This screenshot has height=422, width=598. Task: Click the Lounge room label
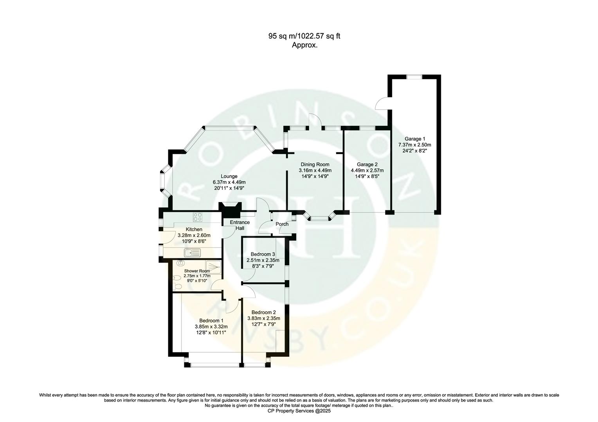click(229, 176)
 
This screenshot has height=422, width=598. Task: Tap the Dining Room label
click(315, 165)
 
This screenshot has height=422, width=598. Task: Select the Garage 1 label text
click(414, 139)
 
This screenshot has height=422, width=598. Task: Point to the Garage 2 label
click(367, 165)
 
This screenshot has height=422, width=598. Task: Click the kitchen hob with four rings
click(198, 217)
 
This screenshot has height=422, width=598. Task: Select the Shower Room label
click(197, 271)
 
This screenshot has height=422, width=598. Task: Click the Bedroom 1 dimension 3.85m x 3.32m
click(211, 327)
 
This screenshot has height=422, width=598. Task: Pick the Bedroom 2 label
click(263, 312)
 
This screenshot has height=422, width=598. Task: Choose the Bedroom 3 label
click(263, 254)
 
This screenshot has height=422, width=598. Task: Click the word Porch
click(282, 224)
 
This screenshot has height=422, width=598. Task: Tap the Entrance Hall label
click(240, 225)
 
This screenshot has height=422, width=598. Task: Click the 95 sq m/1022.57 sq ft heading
click(304, 36)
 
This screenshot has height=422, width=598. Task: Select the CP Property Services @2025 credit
click(299, 411)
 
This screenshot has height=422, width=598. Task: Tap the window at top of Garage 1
click(414, 77)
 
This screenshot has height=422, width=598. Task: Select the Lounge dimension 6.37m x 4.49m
click(229, 182)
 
